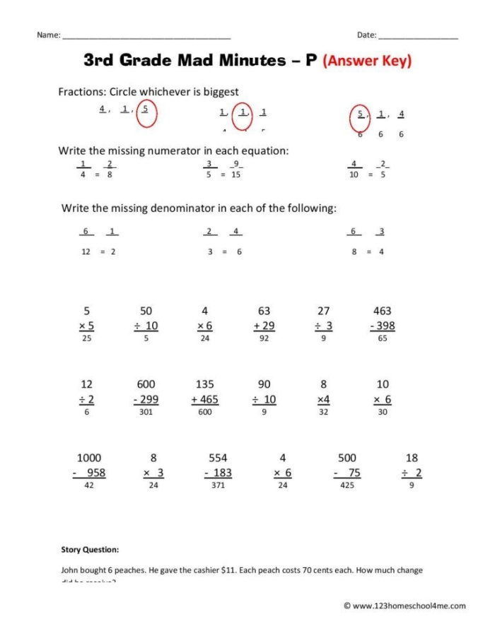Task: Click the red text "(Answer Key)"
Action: pos(367,61)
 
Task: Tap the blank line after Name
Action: pos(146,36)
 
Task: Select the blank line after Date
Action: pos(418,36)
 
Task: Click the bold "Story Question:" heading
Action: pos(91,550)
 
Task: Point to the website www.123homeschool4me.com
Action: pos(408,605)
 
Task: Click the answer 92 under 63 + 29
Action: pos(264,339)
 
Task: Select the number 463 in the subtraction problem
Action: pos(382,311)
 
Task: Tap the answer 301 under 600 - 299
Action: pos(146,413)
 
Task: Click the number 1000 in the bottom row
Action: pos(89,458)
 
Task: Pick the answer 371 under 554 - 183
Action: pos(217,486)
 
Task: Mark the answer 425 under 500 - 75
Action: pos(346,486)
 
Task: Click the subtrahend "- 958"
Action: pos(90,473)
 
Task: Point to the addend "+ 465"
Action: pos(204,399)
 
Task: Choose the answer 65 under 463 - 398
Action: pos(383,339)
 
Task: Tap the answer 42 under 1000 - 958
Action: pos(89,486)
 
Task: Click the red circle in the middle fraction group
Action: pos(244,117)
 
